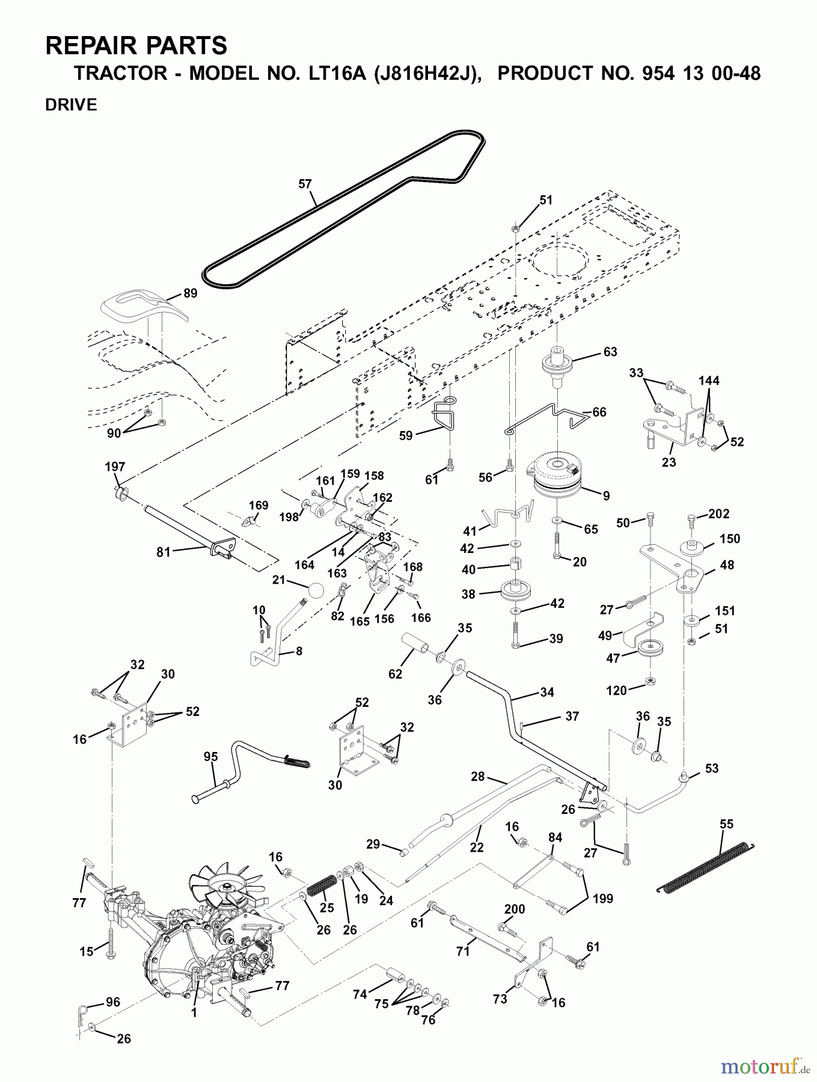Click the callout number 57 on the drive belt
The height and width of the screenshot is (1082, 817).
click(x=305, y=183)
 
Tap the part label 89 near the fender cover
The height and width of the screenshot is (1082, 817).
click(x=190, y=293)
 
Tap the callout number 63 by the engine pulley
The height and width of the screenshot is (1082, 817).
click(x=610, y=352)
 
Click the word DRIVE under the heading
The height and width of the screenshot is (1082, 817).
click(x=71, y=105)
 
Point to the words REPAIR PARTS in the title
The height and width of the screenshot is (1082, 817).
click(x=136, y=46)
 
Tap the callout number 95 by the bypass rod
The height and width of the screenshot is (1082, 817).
click(x=210, y=757)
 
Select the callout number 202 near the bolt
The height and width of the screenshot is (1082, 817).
click(x=718, y=514)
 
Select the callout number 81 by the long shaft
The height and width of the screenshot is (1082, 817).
click(x=164, y=552)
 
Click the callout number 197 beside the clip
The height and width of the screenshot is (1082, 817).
click(x=115, y=467)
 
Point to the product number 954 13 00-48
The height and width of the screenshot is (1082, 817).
click(x=629, y=73)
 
